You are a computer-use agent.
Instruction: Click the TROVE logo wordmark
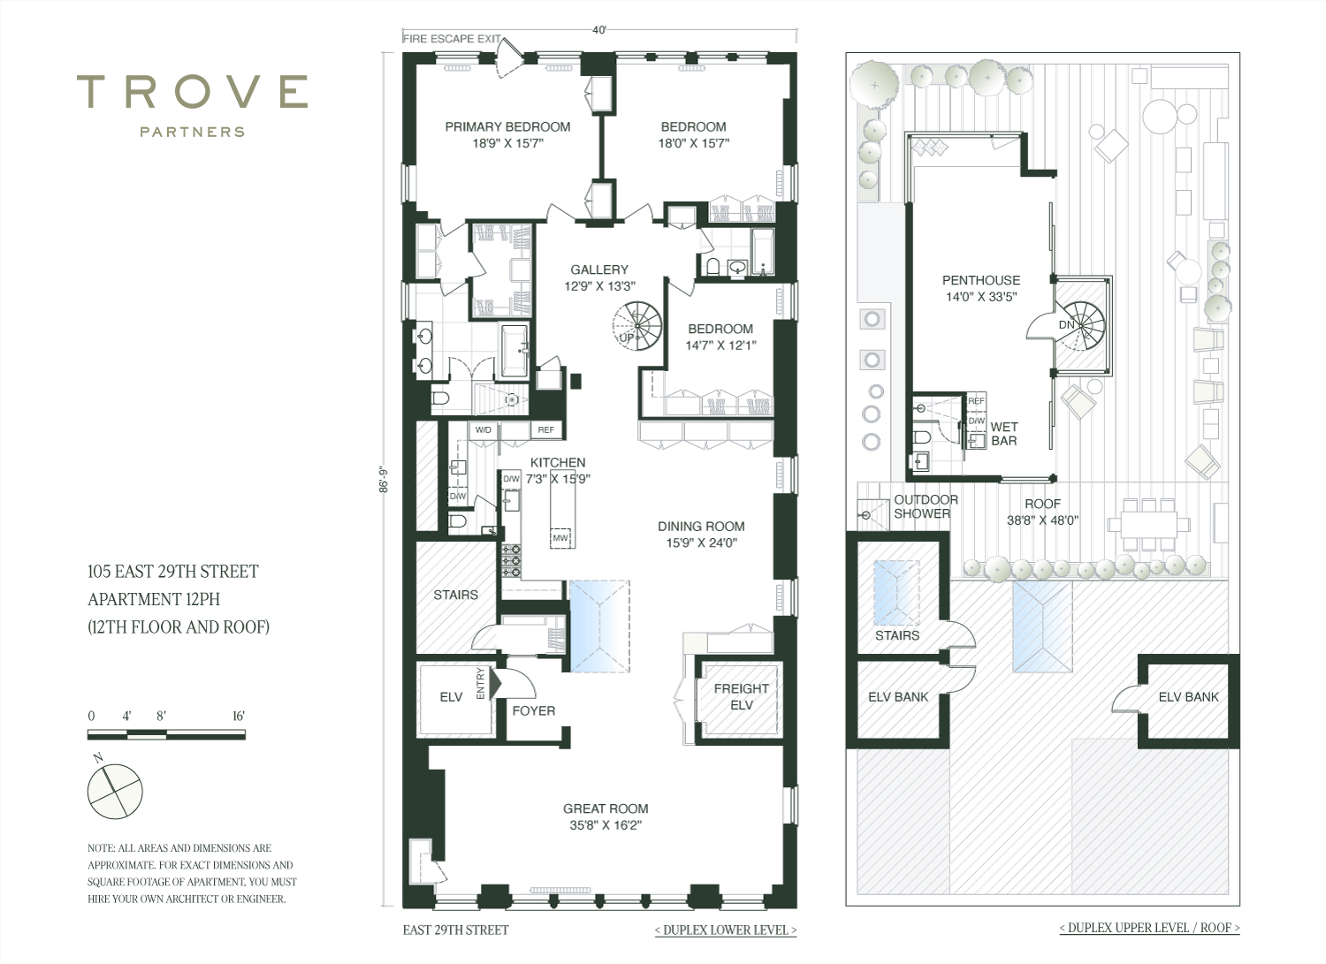click(193, 92)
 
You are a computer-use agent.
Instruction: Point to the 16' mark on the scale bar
click(239, 716)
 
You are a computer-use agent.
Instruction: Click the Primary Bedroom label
click(507, 126)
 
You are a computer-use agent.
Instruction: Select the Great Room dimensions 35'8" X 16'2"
click(606, 825)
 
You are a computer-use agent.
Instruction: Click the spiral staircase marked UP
click(637, 325)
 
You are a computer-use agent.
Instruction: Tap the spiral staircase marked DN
click(1080, 326)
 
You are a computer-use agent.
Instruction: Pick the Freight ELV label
click(741, 696)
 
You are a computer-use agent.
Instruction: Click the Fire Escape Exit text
click(452, 39)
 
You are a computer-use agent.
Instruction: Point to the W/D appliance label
click(483, 430)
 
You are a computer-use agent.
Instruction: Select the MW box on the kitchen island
click(560, 538)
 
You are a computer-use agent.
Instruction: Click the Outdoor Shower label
click(926, 506)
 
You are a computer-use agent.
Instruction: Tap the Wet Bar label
click(1004, 434)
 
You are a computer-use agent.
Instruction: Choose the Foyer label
click(533, 710)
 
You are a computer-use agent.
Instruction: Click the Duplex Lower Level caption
click(726, 930)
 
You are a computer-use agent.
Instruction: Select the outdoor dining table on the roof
click(1148, 524)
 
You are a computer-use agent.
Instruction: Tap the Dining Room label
click(701, 526)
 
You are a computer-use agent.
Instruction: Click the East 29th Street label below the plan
click(455, 930)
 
